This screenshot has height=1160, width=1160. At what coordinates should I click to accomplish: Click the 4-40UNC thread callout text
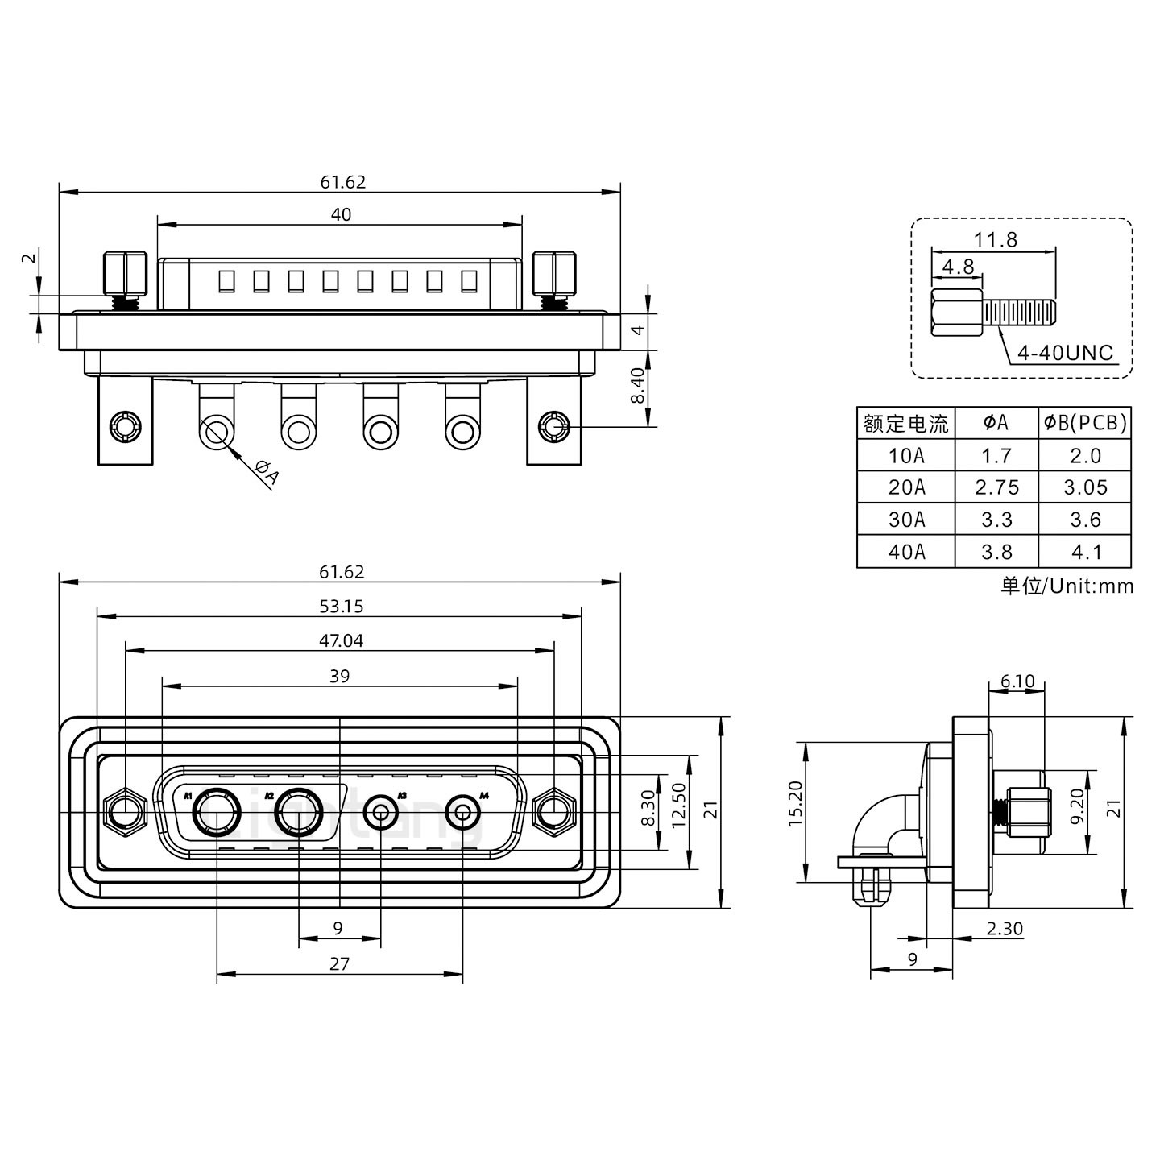[x=1065, y=352]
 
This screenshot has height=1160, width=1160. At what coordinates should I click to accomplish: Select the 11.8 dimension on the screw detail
[x=995, y=239]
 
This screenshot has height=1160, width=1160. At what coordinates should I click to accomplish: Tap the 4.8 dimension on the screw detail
[x=958, y=267]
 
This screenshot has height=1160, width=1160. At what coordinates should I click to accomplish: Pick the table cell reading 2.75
[x=996, y=487]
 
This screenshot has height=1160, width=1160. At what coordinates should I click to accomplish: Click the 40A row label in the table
[x=906, y=552]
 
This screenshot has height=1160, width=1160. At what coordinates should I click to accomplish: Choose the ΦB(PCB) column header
[x=1085, y=423]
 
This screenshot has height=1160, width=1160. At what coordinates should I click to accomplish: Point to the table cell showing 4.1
[x=1085, y=552]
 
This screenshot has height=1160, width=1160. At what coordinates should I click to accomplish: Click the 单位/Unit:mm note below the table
[x=1067, y=586]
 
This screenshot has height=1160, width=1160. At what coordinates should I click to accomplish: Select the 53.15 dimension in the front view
[x=341, y=607]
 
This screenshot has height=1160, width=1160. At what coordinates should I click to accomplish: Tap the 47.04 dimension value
[x=341, y=640]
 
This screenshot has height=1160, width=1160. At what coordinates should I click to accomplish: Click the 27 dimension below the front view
[x=339, y=963]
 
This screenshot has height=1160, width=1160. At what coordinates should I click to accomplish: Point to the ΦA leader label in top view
[x=267, y=473]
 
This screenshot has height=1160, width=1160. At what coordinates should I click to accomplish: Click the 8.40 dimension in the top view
[x=637, y=387]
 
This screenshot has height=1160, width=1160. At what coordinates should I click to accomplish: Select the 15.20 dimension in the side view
[x=795, y=803]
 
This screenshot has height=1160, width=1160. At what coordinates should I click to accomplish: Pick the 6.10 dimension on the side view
[x=1017, y=681]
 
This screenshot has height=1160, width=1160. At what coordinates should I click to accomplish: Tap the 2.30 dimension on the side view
[x=1004, y=928]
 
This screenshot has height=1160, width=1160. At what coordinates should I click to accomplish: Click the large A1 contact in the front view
[x=217, y=812]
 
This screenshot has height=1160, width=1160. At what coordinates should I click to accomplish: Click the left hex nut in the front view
[x=125, y=810]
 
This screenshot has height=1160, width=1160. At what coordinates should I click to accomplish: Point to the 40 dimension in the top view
[x=341, y=214]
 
